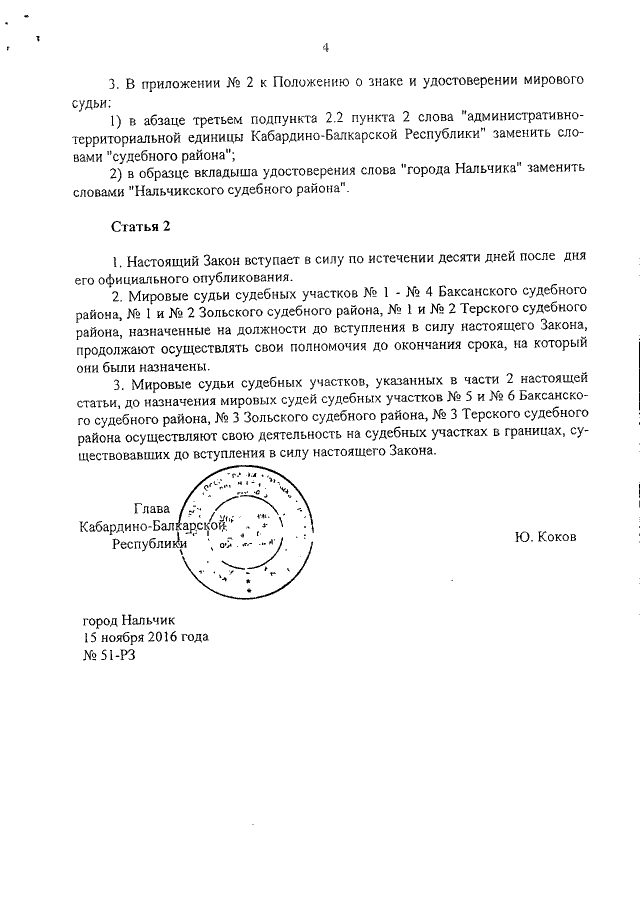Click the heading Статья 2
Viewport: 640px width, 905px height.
coord(134,226)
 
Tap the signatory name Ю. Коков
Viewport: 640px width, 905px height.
coord(546,536)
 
